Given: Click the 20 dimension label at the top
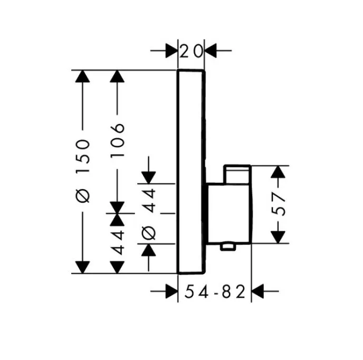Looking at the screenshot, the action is (x=191, y=51).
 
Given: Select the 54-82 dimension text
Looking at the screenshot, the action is (x=215, y=291).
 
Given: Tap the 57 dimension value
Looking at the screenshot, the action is (x=278, y=205).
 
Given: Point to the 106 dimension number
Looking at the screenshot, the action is (x=117, y=140).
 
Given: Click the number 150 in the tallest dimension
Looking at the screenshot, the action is (x=83, y=156).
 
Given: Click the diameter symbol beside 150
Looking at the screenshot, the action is (x=83, y=195).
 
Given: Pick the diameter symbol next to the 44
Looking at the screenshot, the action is (x=148, y=233).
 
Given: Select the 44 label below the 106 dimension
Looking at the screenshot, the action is (x=117, y=242).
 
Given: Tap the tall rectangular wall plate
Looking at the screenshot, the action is (x=191, y=172).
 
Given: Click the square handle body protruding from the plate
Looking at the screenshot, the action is (x=229, y=213).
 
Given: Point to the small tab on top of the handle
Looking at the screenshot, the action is (x=237, y=174).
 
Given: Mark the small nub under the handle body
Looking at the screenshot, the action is (x=228, y=247).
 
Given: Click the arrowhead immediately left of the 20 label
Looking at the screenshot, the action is (x=172, y=51).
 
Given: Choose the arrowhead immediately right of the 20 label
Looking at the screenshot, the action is (x=211, y=51).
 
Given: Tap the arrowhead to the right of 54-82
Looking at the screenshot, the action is (x=257, y=291).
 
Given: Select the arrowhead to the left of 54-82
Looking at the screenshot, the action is (x=172, y=291).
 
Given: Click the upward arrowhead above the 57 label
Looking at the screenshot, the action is (x=278, y=172).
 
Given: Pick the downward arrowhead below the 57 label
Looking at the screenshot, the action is (x=278, y=237).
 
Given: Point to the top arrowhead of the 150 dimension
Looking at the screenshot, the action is (x=83, y=76).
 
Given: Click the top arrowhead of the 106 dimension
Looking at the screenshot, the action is (x=117, y=76).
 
